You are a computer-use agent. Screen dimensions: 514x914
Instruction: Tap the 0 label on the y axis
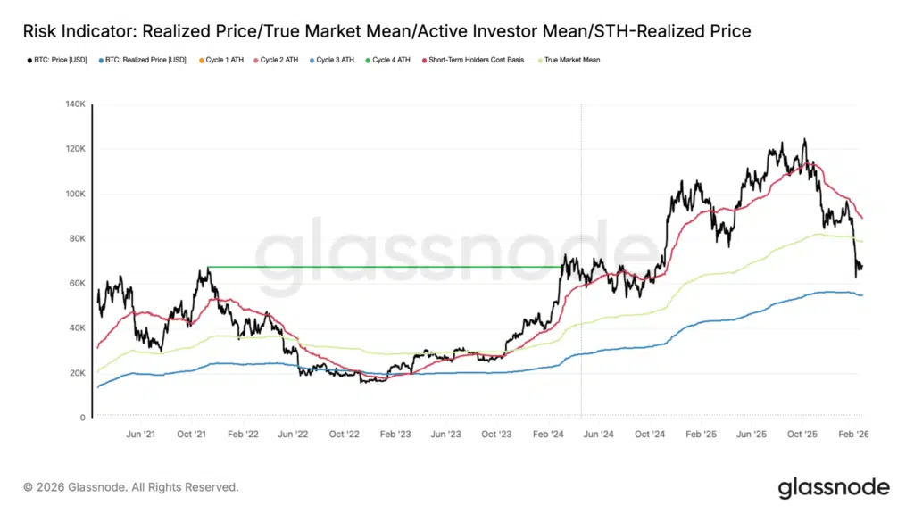[81, 418]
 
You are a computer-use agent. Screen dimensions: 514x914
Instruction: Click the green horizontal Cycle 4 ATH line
[384, 267]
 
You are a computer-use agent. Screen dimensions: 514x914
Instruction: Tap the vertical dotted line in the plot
[581, 223]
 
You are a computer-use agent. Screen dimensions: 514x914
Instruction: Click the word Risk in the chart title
[41, 31]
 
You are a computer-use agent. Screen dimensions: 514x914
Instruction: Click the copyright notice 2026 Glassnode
[131, 487]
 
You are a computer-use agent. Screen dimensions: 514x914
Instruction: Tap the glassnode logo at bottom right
[833, 487]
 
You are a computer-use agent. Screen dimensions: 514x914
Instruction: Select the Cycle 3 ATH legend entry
[336, 60]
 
